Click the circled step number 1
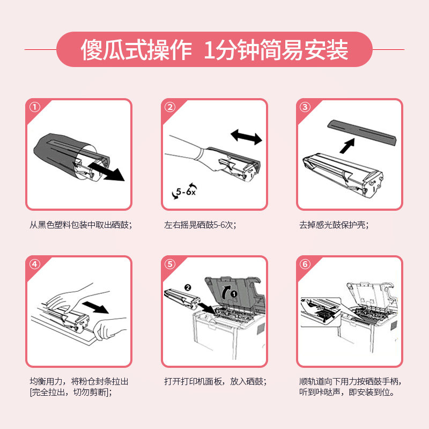[x=35, y=107]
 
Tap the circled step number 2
[x=170, y=107]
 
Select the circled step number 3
[x=305, y=107]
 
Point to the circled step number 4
[x=35, y=264]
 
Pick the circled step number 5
[x=170, y=264]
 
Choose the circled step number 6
[x=305, y=264]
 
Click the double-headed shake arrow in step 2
[x=246, y=137]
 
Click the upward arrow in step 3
[x=347, y=145]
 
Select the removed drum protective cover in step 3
[x=361, y=132]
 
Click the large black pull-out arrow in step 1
[x=106, y=172]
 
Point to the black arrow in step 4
[x=95, y=307]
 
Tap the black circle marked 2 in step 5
[x=188, y=287]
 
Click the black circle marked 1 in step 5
[x=234, y=294]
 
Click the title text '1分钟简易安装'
[x=276, y=49]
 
